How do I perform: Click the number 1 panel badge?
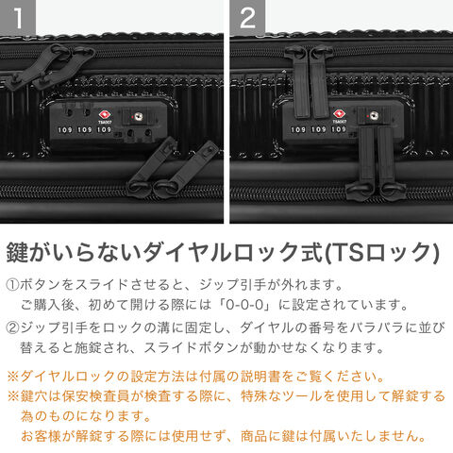tap(18, 17)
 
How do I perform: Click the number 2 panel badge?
tap(247, 17)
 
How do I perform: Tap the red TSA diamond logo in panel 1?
tap(105, 115)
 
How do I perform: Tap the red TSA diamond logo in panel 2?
tap(339, 114)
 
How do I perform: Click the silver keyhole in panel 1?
tap(138, 117)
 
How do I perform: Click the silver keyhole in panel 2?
tap(374, 116)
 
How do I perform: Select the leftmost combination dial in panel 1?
tap(65, 129)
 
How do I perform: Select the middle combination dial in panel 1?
tap(85, 129)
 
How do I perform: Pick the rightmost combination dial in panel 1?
tap(104, 129)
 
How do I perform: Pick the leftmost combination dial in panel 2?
tap(298, 129)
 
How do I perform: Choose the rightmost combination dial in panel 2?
tap(339, 129)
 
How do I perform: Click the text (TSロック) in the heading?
tap(382, 252)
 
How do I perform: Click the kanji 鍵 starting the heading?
tap(18, 252)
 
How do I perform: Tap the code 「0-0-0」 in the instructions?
tap(244, 305)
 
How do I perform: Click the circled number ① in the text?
tap(12, 285)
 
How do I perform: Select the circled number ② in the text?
tap(12, 327)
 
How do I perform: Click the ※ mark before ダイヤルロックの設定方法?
tap(13, 377)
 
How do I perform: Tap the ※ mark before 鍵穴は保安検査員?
tap(13, 396)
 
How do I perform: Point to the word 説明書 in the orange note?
tap(260, 377)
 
